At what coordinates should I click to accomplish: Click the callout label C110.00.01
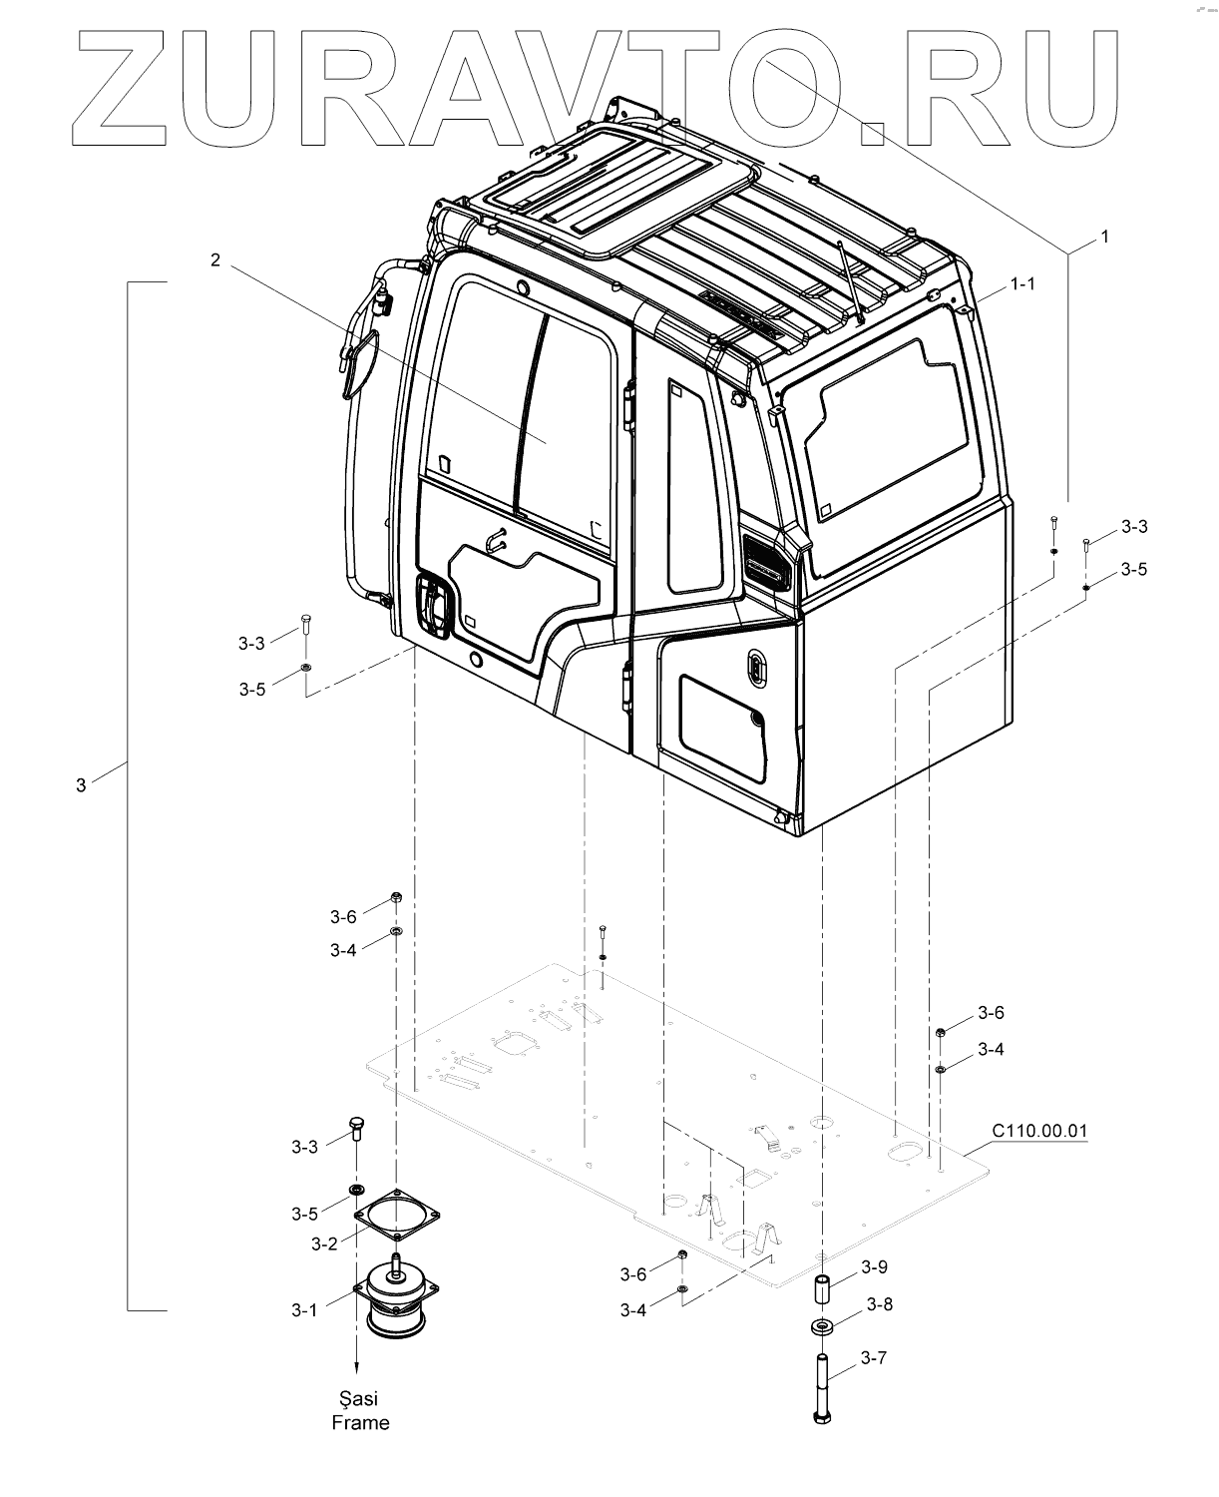point(1038,1131)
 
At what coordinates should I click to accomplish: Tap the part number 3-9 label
point(874,1267)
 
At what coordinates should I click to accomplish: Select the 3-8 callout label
point(879,1303)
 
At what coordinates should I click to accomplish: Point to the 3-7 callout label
point(874,1357)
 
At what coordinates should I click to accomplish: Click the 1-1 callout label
point(1022,284)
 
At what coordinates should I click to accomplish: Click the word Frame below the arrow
point(360,1423)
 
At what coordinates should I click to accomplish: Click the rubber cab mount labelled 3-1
point(397,1297)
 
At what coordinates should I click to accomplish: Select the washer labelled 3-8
point(824,1328)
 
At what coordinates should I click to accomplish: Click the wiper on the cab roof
point(849,284)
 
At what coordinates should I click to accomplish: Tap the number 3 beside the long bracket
point(81,785)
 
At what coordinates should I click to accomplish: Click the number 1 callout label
point(1104,237)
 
